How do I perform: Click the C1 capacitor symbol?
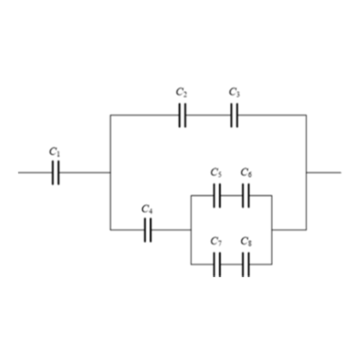tap(56, 173)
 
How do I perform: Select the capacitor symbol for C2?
tap(183, 115)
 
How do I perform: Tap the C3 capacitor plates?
tap(235, 115)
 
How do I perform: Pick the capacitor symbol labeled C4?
tap(148, 230)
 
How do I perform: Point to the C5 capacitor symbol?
tap(217, 195)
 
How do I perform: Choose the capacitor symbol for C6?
tap(246, 195)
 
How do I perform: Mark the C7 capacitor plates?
tap(217, 265)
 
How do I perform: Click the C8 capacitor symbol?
tap(246, 265)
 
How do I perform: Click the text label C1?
tap(55, 152)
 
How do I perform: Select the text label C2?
tap(182, 92)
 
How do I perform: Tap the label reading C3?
tap(234, 92)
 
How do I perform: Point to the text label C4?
tap(147, 209)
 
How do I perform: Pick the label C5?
tap(216, 173)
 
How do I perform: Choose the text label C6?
tap(246, 173)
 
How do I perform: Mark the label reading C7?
tap(216, 241)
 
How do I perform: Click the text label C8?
tap(246, 241)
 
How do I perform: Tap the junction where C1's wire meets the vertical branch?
tap(111, 173)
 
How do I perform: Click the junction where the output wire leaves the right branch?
tap(306, 173)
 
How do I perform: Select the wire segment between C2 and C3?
tap(209, 115)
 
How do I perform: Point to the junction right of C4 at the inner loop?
tap(191, 230)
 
